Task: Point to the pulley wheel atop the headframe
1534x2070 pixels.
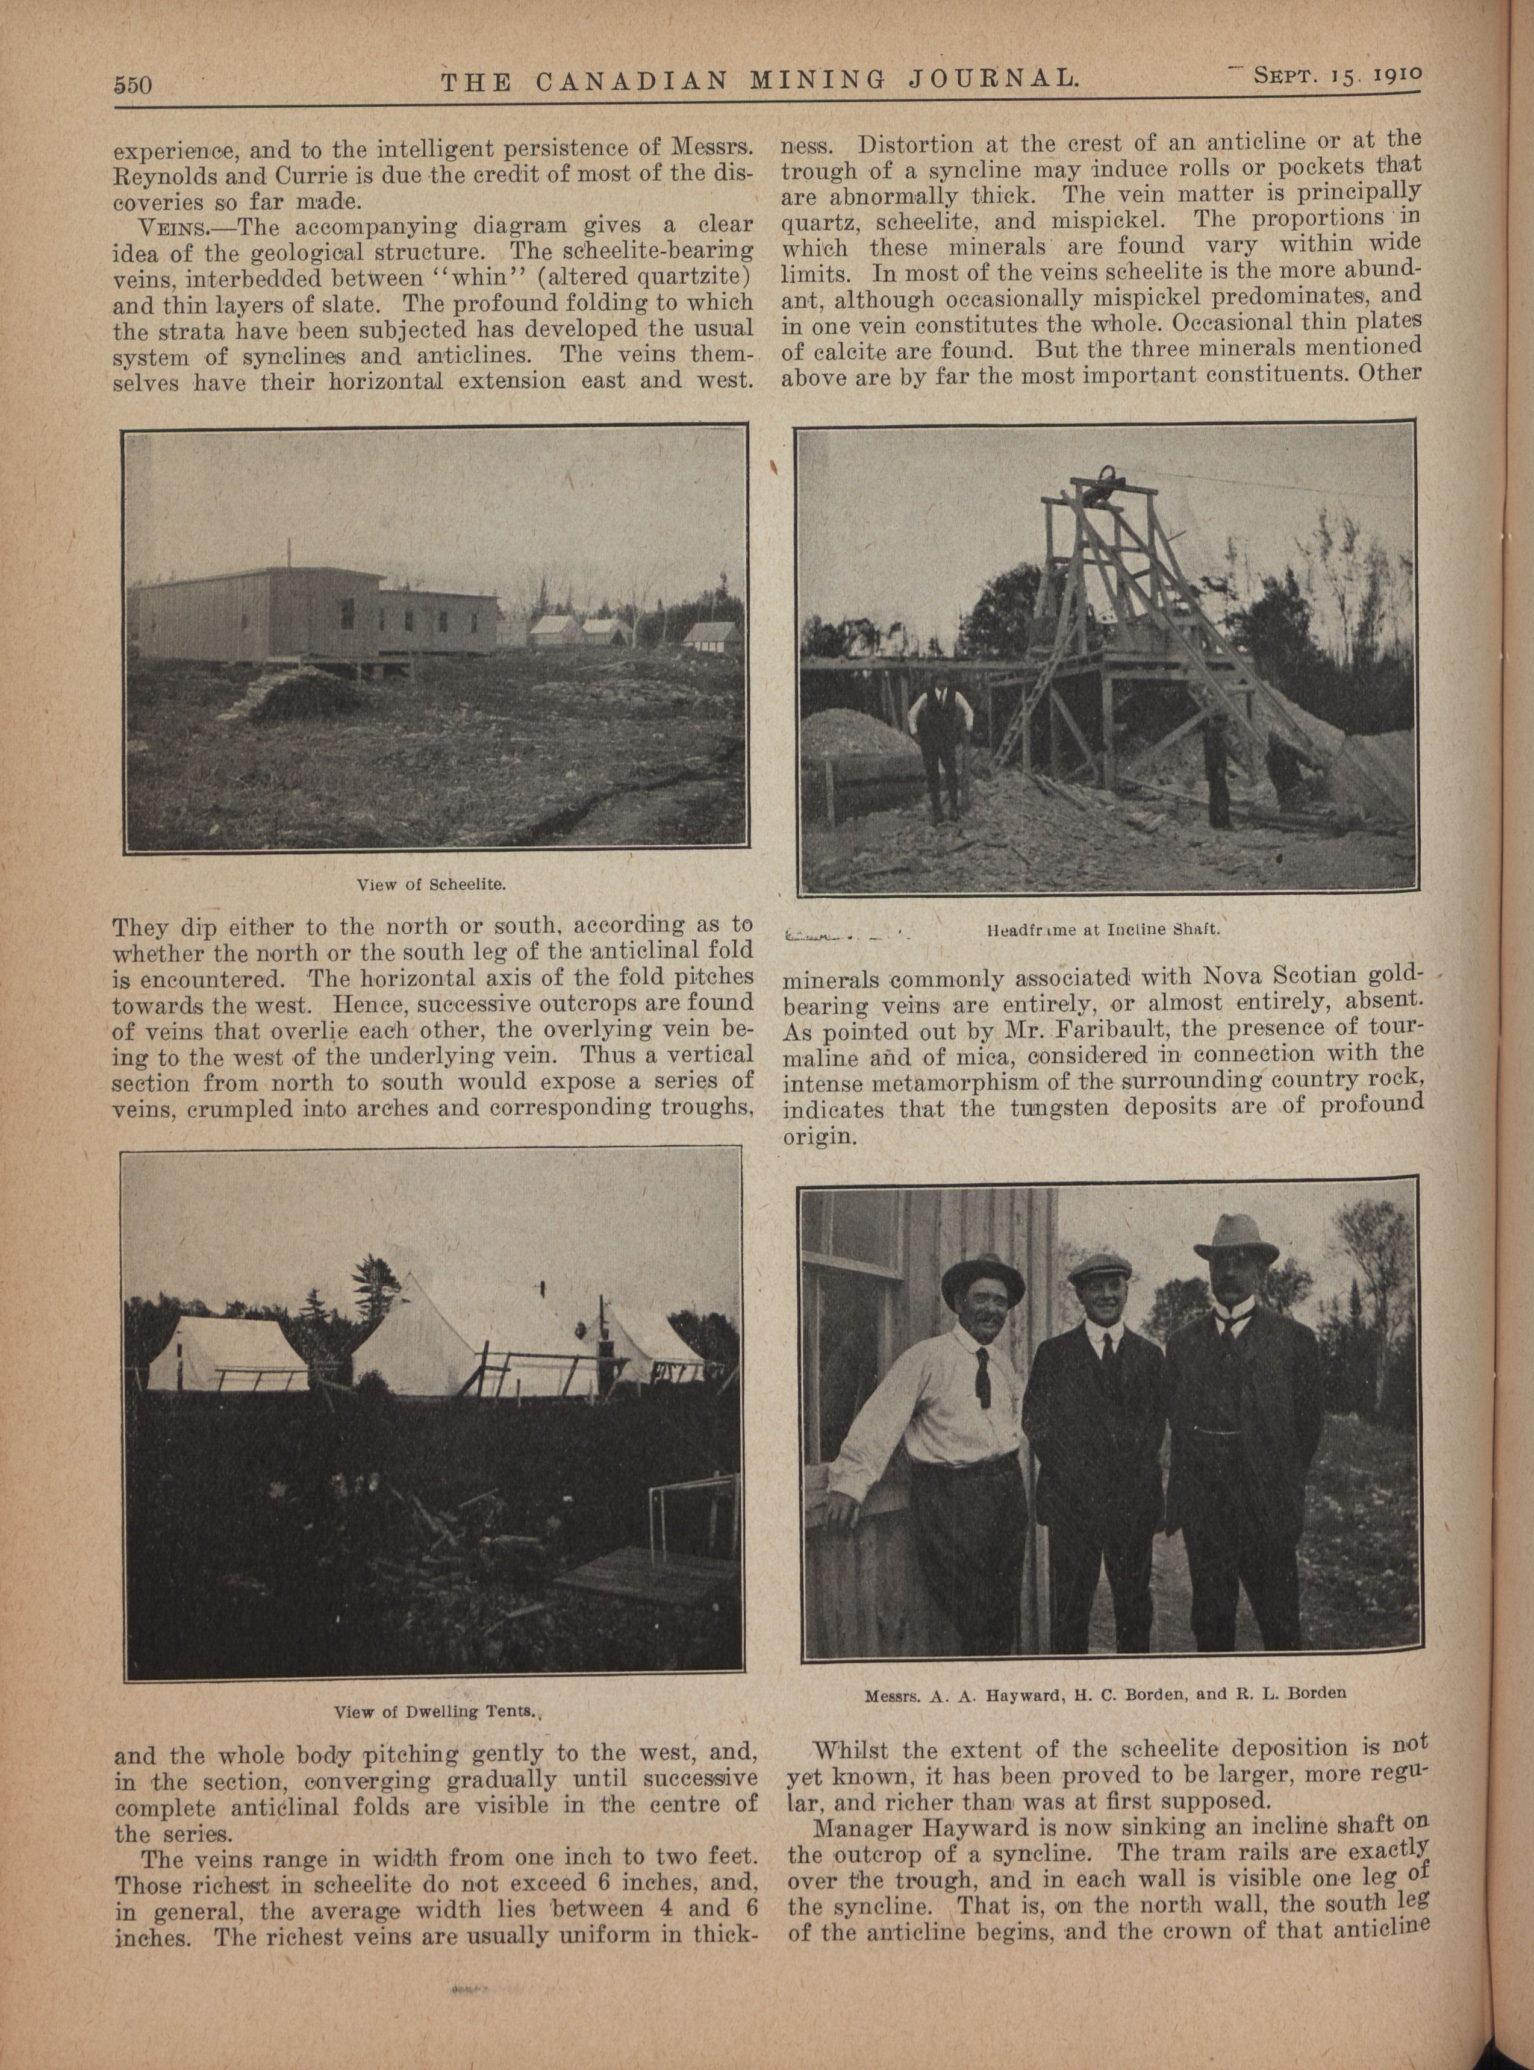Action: pos(1109,483)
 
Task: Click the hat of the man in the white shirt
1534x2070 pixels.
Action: pos(982,1277)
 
